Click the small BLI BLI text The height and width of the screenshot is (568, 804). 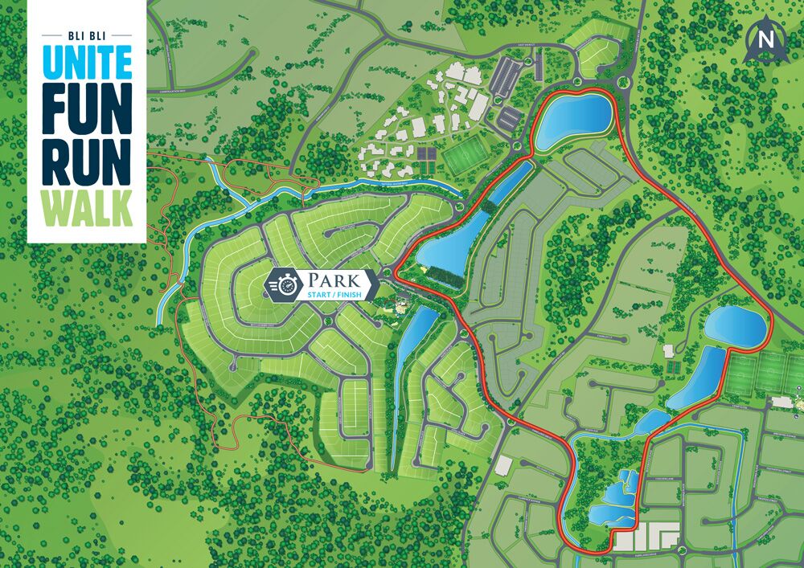pos(86,36)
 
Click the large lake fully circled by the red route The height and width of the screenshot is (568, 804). pos(572,121)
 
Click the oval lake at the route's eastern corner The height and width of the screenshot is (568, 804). pos(734,326)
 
